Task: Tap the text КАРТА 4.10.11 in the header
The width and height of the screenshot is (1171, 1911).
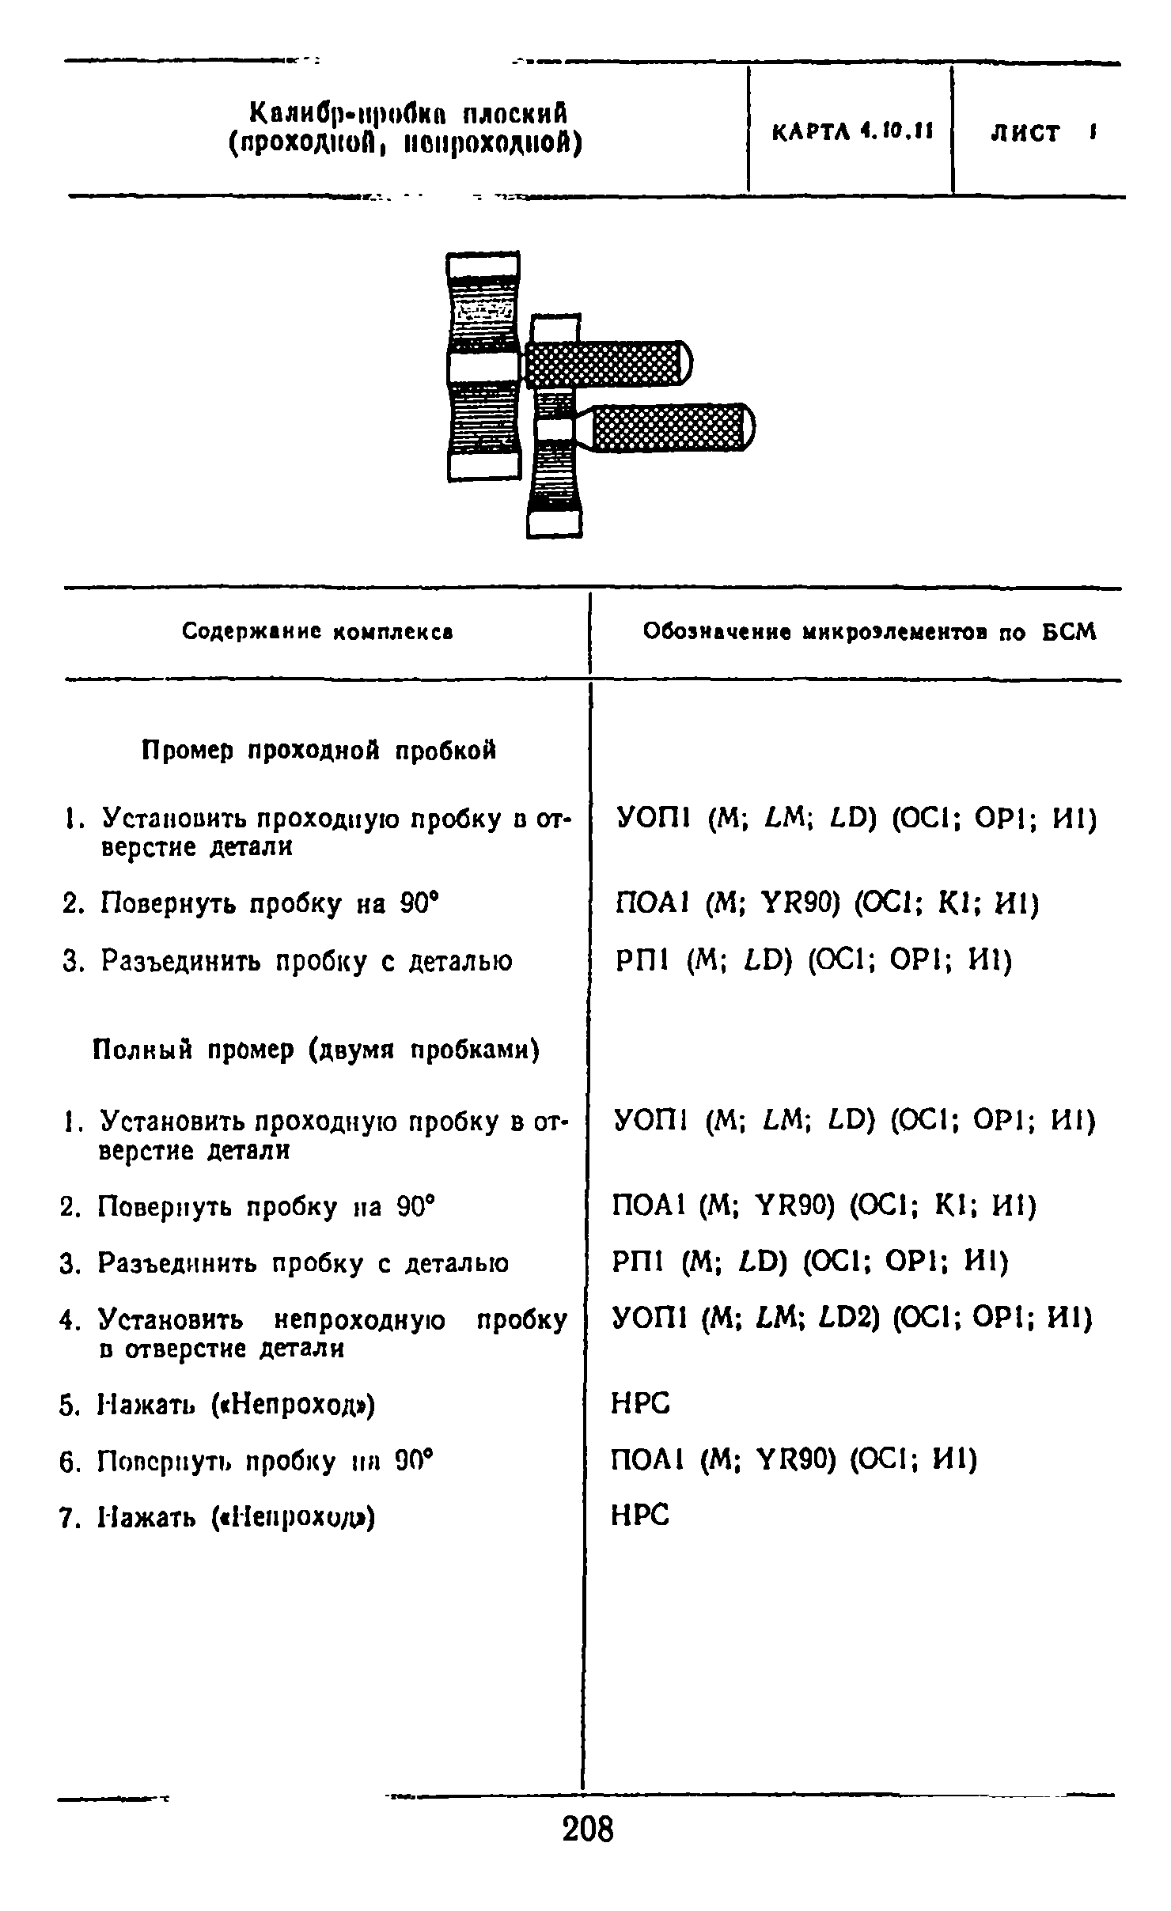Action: tap(852, 131)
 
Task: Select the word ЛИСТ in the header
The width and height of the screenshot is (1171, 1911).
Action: tap(1025, 133)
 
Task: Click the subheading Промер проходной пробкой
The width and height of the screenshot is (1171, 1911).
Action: tap(319, 750)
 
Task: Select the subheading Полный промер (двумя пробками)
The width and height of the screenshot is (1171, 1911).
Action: tap(316, 1050)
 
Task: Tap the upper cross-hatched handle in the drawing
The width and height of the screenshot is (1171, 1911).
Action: tap(605, 364)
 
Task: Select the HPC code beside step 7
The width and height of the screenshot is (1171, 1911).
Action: tap(641, 1516)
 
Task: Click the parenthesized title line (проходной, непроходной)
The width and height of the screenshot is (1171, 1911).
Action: tap(405, 146)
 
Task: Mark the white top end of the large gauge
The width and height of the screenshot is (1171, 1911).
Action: tap(483, 264)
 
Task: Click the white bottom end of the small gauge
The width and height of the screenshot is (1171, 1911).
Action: tap(554, 524)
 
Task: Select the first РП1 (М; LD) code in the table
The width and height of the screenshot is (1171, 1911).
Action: tap(813, 960)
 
